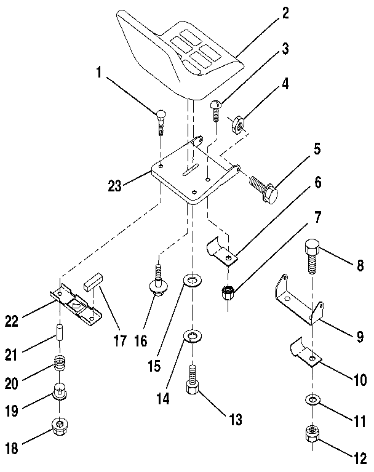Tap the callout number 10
coord(355,380)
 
